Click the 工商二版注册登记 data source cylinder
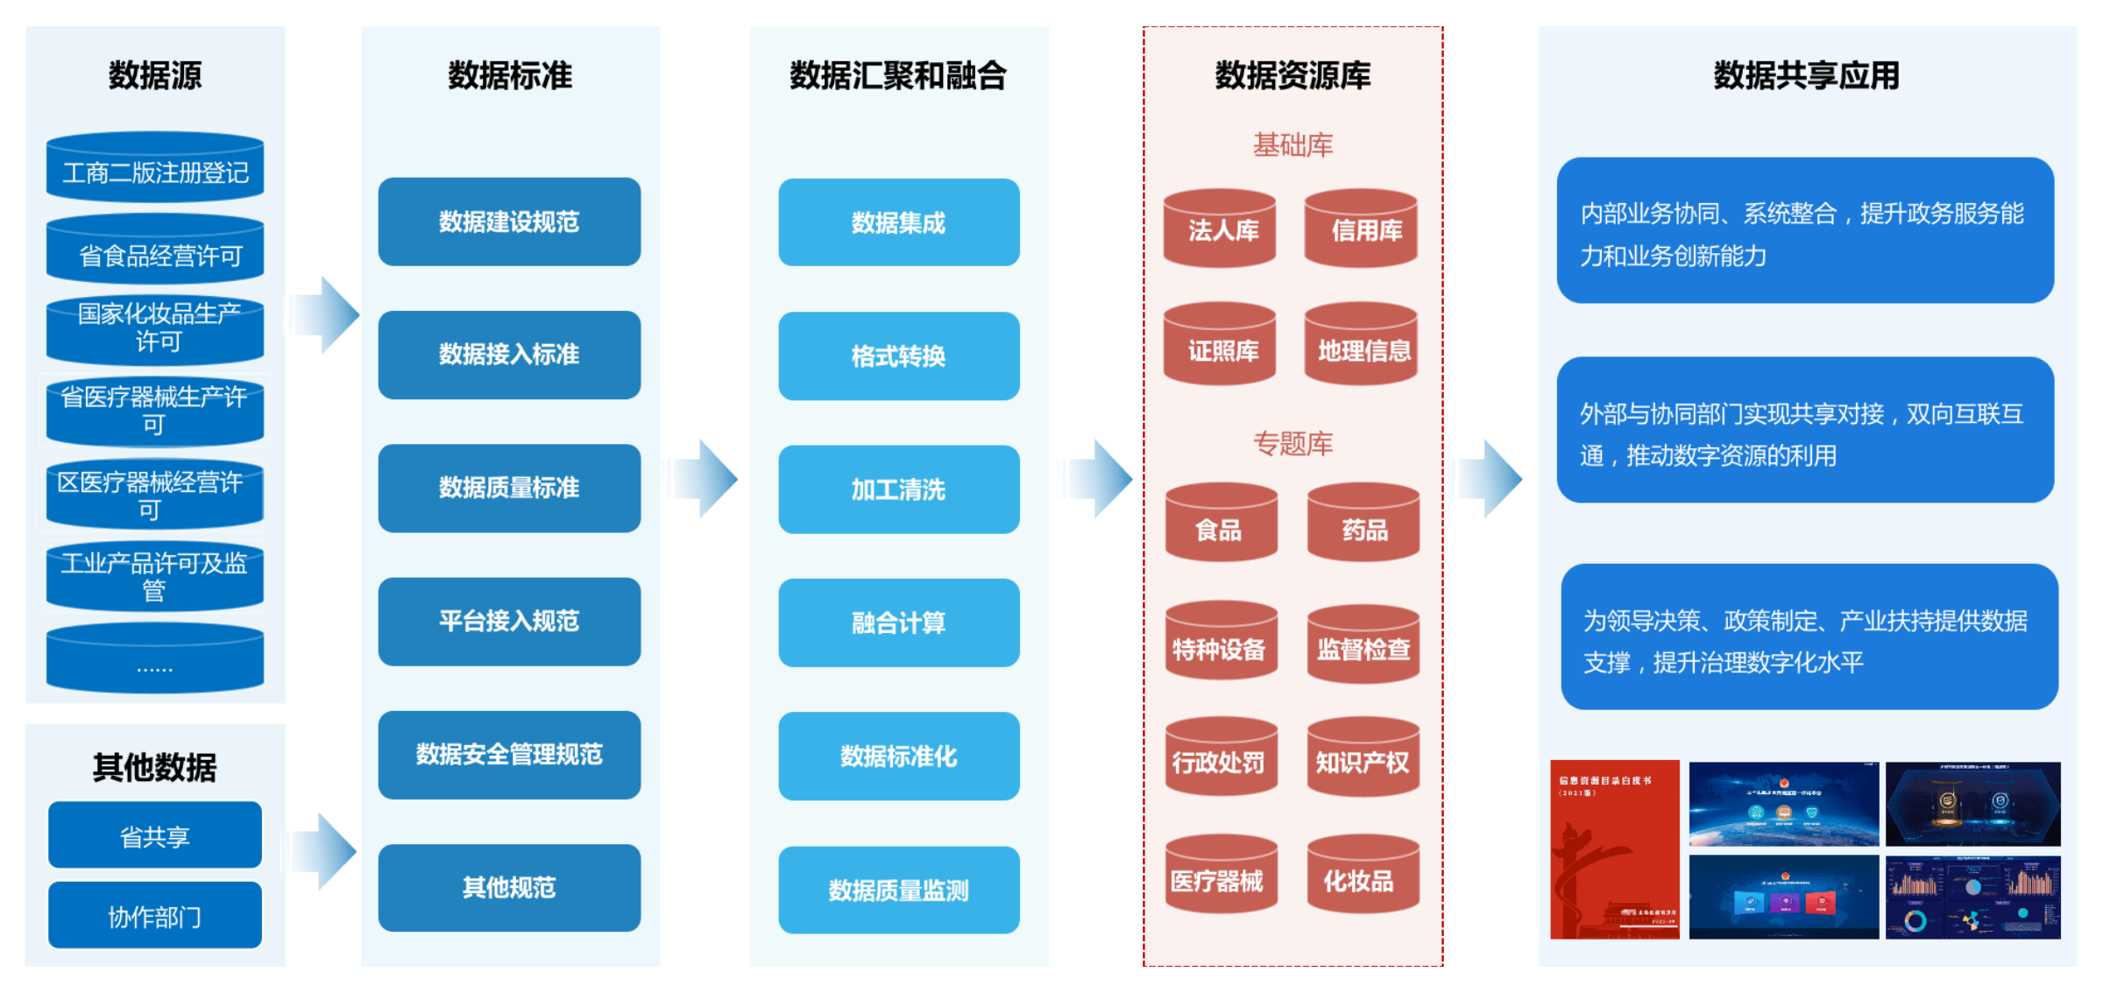155,168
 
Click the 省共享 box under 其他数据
155,835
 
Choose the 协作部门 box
155,916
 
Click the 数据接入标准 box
509,355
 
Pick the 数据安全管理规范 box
509,755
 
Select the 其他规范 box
509,888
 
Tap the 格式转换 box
898,356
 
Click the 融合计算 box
898,623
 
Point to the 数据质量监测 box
898,891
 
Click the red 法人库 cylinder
1220,229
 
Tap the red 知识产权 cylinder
1363,758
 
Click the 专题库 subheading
1292,444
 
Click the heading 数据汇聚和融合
898,75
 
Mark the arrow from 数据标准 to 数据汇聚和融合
705,479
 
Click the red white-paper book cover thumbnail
1614,849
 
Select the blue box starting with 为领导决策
1809,637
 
